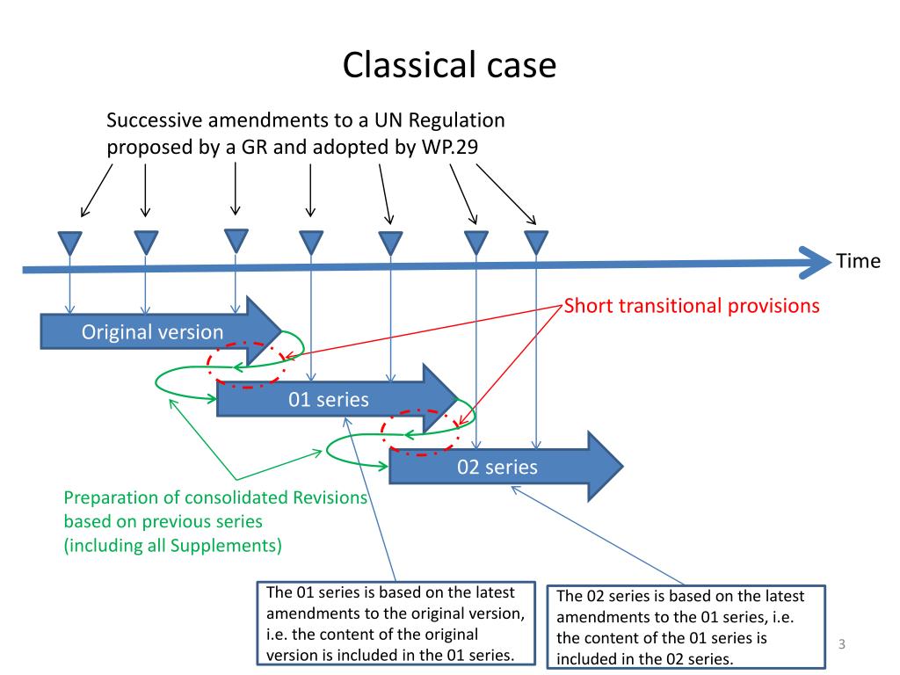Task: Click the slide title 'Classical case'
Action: point(449,65)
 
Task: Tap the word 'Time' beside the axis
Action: point(858,261)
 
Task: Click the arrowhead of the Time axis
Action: point(815,263)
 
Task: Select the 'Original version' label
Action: point(152,331)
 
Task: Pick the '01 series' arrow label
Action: point(329,400)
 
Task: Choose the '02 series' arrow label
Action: point(497,468)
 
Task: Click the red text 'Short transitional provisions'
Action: point(692,306)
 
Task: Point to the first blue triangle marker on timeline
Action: point(70,243)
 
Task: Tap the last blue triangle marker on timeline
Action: point(536,243)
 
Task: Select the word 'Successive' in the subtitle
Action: point(154,120)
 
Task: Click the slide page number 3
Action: point(841,644)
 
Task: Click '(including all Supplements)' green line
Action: point(173,545)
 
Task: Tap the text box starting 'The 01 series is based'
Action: point(396,623)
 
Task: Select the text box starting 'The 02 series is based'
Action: point(686,627)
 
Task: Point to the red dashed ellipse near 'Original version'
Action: point(207,365)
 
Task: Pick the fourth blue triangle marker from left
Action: point(311,243)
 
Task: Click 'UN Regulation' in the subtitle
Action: point(439,120)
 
